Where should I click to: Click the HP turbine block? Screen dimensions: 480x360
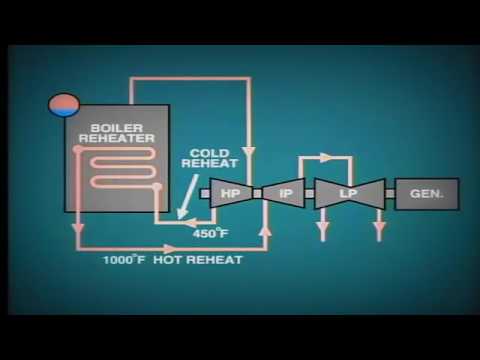coord(230,193)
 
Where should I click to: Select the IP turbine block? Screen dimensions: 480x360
coord(284,193)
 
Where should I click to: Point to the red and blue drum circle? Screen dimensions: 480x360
coord(64,105)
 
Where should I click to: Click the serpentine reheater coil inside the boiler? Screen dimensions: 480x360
coord(118,165)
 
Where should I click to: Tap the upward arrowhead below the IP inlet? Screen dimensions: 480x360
coord(265,230)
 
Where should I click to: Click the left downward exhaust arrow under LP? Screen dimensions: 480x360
coord(323,231)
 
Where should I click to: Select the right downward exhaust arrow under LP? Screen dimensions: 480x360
coord(379,231)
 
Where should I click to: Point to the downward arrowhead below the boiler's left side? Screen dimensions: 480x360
coord(78,230)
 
